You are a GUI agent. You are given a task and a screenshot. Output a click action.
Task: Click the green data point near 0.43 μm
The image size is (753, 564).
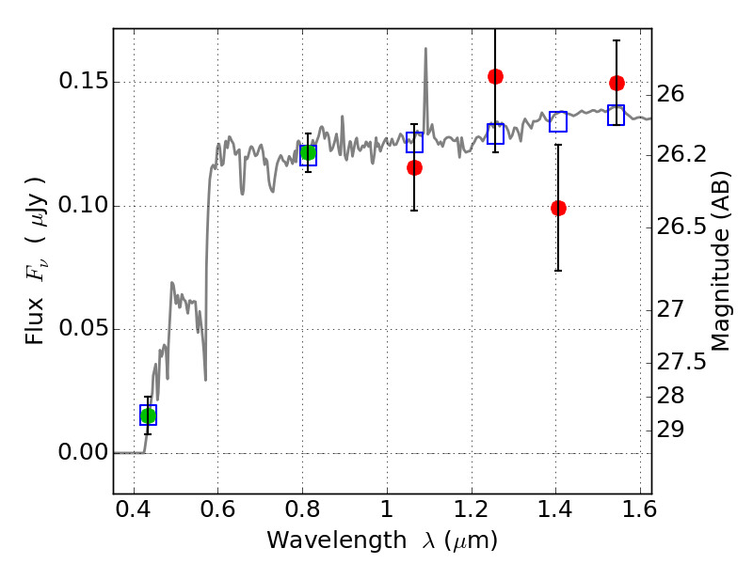coord(148,415)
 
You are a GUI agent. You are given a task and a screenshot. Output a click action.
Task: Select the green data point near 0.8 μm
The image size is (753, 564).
coord(308,153)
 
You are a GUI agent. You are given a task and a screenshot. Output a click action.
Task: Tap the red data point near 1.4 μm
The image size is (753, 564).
coord(558,208)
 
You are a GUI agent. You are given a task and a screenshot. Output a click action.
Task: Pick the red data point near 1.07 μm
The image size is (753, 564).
coord(414,167)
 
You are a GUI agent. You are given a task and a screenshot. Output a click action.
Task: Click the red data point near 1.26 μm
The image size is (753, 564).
coord(495,76)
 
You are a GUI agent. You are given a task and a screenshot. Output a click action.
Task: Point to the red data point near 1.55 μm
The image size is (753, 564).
coord(617,83)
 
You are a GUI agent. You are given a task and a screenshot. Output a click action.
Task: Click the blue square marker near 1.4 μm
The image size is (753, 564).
coord(558,121)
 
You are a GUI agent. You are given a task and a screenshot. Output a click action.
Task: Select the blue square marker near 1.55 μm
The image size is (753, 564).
coord(617,116)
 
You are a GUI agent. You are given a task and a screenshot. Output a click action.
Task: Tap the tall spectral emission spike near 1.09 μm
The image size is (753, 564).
coord(425,52)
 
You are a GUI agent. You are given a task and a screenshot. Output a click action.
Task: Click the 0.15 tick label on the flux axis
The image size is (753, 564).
coord(82,82)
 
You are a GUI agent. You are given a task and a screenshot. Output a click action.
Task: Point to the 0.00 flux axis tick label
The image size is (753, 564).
coord(82,453)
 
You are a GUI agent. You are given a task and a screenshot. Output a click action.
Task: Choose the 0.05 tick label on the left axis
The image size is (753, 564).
coord(82,329)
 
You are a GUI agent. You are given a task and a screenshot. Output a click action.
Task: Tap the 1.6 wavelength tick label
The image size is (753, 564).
coord(639,511)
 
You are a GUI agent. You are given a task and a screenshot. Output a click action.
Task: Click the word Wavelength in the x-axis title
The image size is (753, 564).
coord(319,540)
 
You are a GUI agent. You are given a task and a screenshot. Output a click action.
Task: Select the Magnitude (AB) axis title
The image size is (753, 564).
coord(722,260)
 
